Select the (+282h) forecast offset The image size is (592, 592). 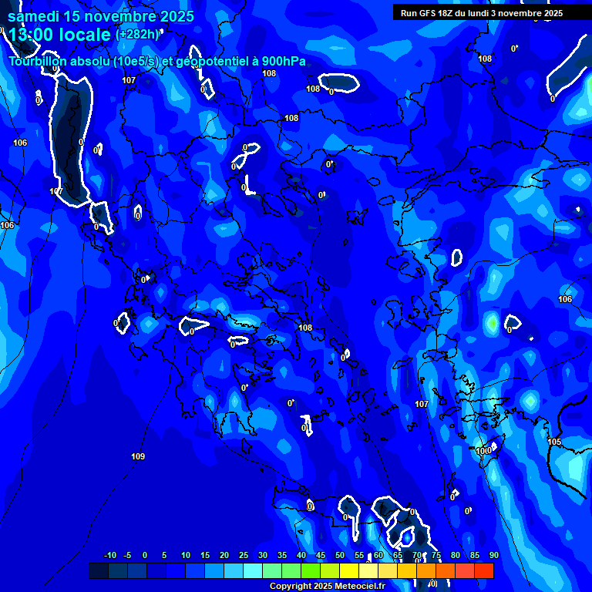136,35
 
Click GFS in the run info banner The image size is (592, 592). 426,13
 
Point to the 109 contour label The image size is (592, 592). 138,457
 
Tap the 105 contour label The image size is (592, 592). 554,442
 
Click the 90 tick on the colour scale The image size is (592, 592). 493,556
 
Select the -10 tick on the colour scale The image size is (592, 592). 109,556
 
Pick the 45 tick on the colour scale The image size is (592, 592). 321,556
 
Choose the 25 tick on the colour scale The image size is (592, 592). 244,556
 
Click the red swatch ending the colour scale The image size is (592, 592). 484,570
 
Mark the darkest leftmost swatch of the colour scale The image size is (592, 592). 98,570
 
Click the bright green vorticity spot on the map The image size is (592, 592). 492,322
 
